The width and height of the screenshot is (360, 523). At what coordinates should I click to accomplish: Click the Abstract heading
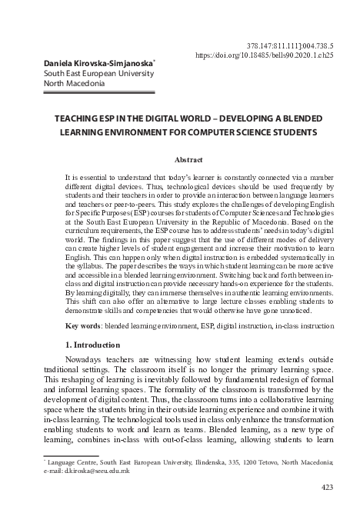pyautogui.click(x=188, y=160)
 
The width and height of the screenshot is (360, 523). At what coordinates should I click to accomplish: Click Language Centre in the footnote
pyautogui.click(x=55, y=461)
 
